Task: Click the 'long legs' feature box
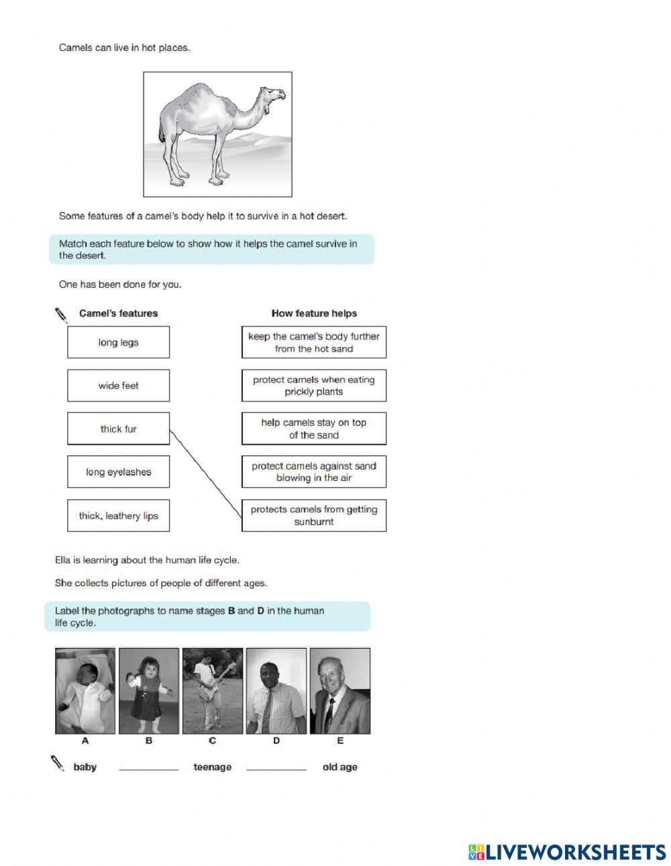pyautogui.click(x=118, y=342)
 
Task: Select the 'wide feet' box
pyautogui.click(x=118, y=386)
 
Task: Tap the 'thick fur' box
pyautogui.click(x=118, y=429)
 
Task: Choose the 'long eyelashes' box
pyautogui.click(x=118, y=472)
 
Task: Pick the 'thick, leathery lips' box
pyautogui.click(x=118, y=516)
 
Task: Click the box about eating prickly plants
pyautogui.click(x=313, y=386)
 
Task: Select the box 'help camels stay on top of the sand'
pyautogui.click(x=313, y=429)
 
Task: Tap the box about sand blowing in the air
pyautogui.click(x=313, y=472)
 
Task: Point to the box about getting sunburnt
pyautogui.click(x=313, y=516)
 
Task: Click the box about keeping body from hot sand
pyautogui.click(x=313, y=342)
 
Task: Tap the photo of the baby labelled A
pyautogui.click(x=85, y=691)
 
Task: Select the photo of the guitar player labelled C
pyautogui.click(x=213, y=691)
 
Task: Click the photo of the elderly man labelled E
pyautogui.click(x=340, y=691)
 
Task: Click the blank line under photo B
pyautogui.click(x=148, y=769)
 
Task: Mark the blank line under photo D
pyautogui.click(x=276, y=769)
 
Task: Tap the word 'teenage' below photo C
pyautogui.click(x=212, y=767)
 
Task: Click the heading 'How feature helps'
pyautogui.click(x=313, y=313)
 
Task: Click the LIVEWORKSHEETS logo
pyautogui.click(x=567, y=852)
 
